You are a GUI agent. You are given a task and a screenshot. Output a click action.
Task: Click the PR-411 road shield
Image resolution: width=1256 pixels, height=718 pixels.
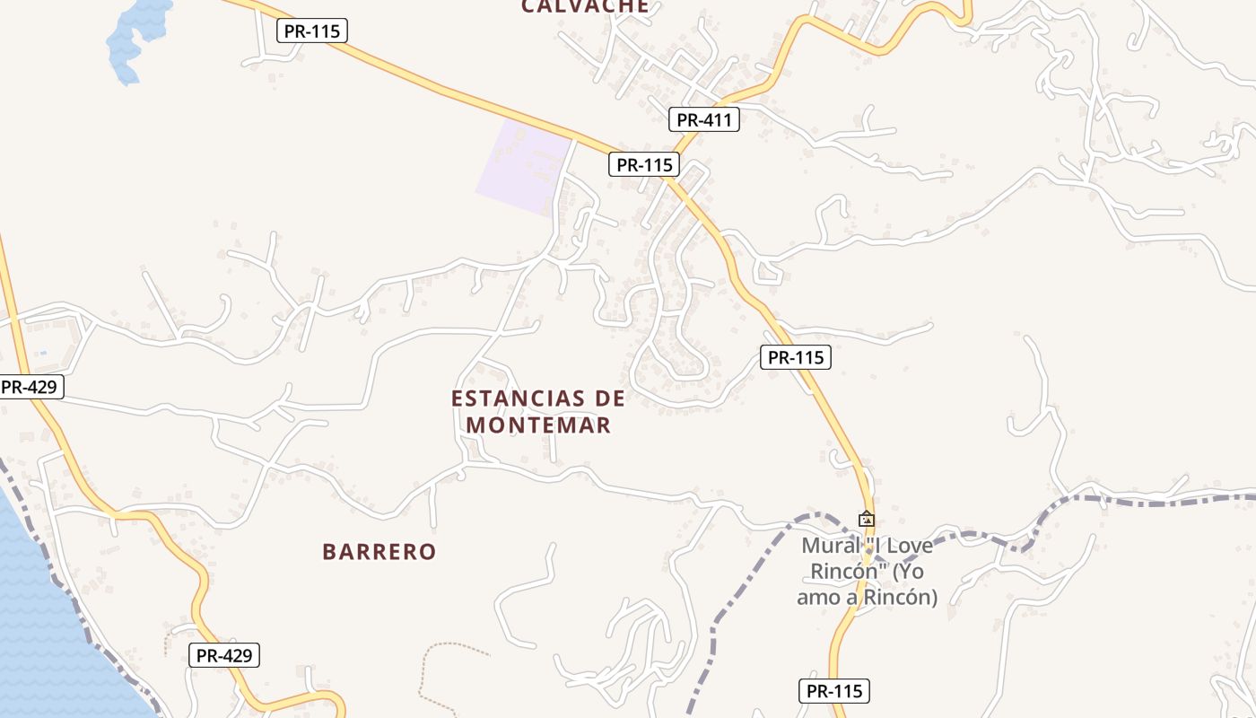(x=704, y=119)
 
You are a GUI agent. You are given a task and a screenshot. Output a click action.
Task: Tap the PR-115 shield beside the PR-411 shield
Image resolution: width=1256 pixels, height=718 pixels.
(x=644, y=165)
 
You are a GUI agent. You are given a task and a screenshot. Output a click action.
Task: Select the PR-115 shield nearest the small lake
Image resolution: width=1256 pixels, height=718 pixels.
(x=312, y=31)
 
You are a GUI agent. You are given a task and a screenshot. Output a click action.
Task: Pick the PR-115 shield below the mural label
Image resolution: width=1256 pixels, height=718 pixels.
(x=833, y=691)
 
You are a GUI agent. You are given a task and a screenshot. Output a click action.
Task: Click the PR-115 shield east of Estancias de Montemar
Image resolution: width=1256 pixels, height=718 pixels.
(x=796, y=357)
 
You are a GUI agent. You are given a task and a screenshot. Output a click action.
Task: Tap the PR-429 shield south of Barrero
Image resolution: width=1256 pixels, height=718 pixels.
(x=224, y=655)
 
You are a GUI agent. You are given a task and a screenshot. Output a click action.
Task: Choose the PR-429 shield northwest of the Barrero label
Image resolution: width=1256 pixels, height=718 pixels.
(x=30, y=388)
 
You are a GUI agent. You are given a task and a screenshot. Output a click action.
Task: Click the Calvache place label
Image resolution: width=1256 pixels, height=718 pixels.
(x=585, y=6)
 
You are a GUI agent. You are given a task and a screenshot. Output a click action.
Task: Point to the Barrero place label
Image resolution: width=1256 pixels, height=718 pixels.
(x=379, y=552)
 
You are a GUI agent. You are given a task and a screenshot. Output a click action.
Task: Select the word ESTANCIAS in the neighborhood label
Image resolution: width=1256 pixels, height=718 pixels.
(x=508, y=398)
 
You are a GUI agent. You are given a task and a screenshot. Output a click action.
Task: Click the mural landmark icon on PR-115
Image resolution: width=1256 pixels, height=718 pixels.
(x=867, y=519)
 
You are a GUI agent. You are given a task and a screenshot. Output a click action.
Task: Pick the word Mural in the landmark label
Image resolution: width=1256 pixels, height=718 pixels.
(x=824, y=546)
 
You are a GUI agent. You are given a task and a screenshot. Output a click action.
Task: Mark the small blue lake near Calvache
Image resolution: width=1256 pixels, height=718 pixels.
(x=135, y=36)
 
